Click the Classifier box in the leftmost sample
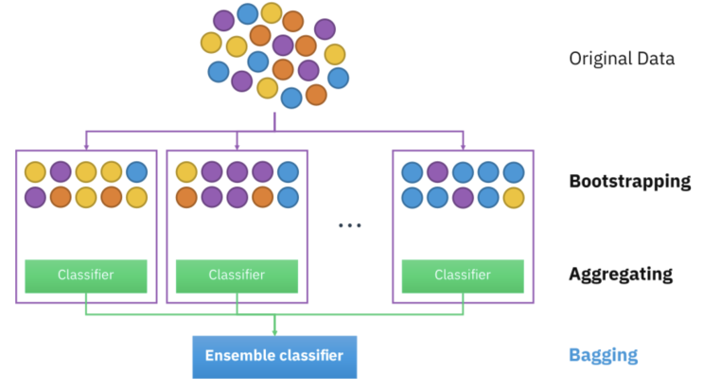pyautogui.click(x=86, y=275)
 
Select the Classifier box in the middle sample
pyautogui.click(x=237, y=275)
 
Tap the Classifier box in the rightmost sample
pyautogui.click(x=463, y=275)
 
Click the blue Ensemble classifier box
pyautogui.click(x=274, y=356)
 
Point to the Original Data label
pyautogui.click(x=621, y=58)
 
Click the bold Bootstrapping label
pyautogui.click(x=629, y=181)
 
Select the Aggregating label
pyautogui.click(x=621, y=275)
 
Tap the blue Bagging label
pyautogui.click(x=603, y=356)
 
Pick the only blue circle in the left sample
pyautogui.click(x=137, y=172)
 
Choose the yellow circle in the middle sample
pyautogui.click(x=186, y=172)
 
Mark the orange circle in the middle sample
pyautogui.click(x=186, y=197)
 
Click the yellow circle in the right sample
pyautogui.click(x=514, y=197)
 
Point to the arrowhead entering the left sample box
pyautogui.click(x=86, y=146)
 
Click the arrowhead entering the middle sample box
pyautogui.click(x=237, y=146)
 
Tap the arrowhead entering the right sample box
pyautogui.click(x=464, y=146)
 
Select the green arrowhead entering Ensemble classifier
pyautogui.click(x=274, y=330)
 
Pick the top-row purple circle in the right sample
pyautogui.click(x=437, y=172)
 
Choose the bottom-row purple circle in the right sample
pyautogui.click(x=463, y=197)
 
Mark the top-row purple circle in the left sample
pyautogui.click(x=61, y=172)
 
